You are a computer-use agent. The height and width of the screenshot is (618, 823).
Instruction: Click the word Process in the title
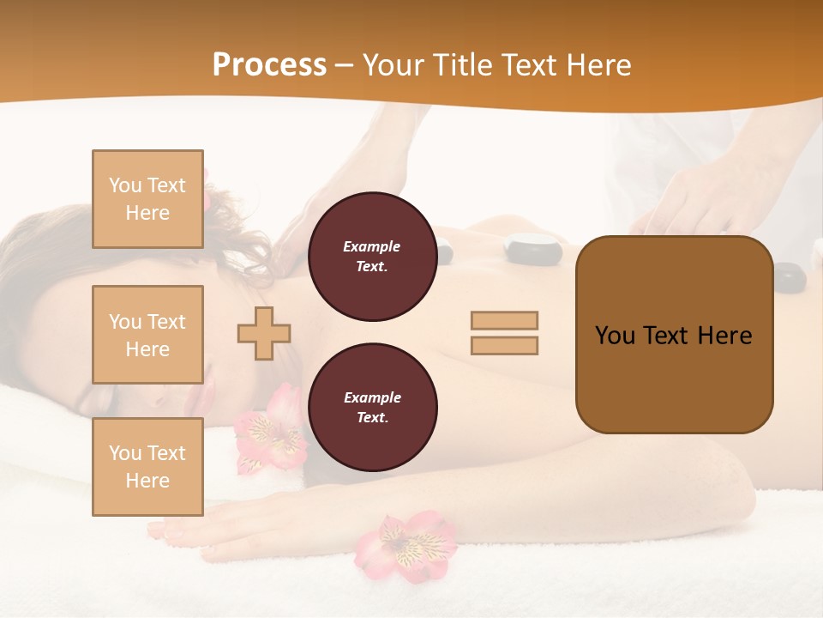click(269, 65)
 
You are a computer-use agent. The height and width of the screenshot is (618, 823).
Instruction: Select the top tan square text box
click(147, 199)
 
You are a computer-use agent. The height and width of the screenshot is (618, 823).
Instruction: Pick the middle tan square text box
click(147, 335)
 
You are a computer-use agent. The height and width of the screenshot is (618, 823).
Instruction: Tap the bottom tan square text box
click(147, 467)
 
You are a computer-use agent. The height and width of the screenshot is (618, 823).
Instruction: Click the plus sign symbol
click(264, 333)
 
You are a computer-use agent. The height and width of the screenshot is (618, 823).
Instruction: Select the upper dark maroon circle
click(372, 257)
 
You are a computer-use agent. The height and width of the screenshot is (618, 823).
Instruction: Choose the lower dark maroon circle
click(372, 408)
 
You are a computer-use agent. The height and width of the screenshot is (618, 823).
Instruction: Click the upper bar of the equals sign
click(504, 321)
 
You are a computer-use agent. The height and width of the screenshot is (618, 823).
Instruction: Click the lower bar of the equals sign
click(504, 346)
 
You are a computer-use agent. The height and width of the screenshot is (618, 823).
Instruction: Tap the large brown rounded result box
click(674, 335)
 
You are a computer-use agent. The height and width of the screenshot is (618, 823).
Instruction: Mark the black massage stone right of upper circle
click(532, 248)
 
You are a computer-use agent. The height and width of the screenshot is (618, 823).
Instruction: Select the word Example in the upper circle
click(372, 246)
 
